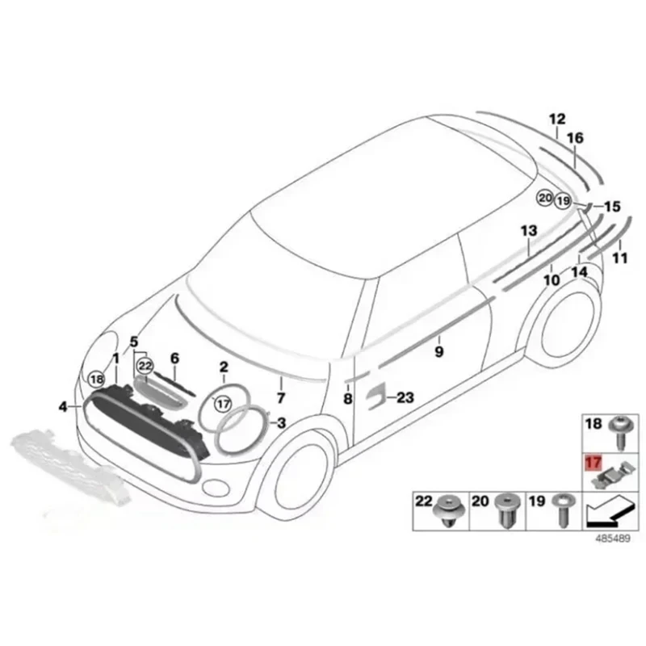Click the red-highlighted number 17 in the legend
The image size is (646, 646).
pyautogui.click(x=594, y=464)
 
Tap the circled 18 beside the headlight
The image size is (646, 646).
pyautogui.click(x=97, y=379)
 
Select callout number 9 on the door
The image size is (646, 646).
pyautogui.click(x=438, y=352)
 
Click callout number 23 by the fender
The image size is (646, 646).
pyautogui.click(x=405, y=396)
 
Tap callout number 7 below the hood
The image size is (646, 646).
pyautogui.click(x=280, y=397)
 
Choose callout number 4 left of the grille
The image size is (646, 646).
pyautogui.click(x=64, y=407)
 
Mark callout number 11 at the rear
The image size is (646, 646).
pyautogui.click(x=619, y=258)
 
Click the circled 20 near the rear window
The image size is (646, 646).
pyautogui.click(x=544, y=197)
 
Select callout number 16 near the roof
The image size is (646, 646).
pyautogui.click(x=574, y=139)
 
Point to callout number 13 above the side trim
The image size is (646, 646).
pyautogui.click(x=528, y=231)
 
